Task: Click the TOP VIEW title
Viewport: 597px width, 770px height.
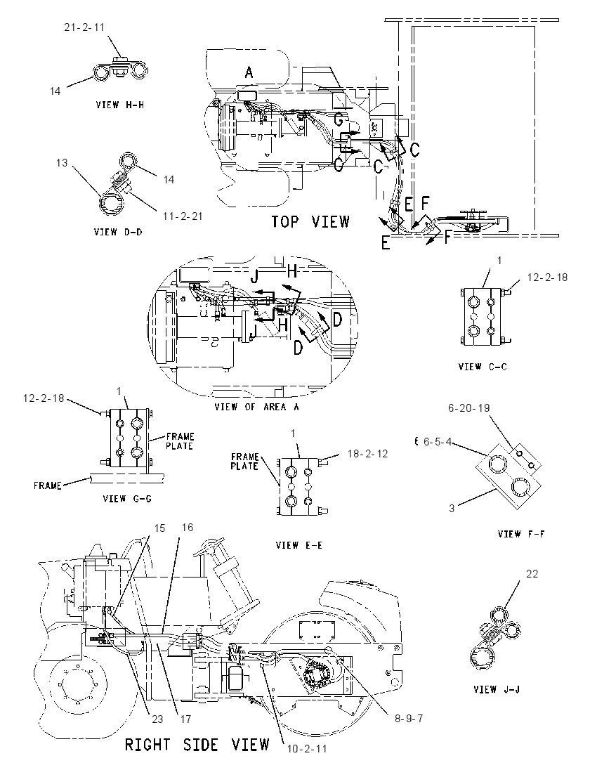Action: (310, 222)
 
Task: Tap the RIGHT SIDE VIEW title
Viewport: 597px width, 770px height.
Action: (197, 745)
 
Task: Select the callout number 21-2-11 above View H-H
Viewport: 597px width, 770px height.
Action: (84, 27)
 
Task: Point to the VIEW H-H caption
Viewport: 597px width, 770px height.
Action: (120, 105)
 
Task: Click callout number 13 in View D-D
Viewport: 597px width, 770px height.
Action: (62, 162)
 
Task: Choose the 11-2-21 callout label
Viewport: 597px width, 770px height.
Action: (183, 216)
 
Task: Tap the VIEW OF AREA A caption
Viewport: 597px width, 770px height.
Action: (257, 407)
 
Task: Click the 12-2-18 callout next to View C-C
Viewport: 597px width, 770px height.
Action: (547, 278)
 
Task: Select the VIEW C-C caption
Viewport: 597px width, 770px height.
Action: (483, 366)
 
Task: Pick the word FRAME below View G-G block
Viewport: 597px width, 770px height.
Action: (48, 485)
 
